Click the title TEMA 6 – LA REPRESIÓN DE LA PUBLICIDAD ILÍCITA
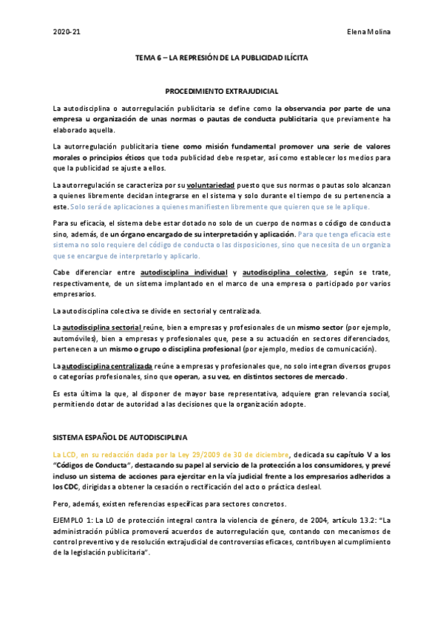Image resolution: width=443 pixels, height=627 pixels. pos(222,56)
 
